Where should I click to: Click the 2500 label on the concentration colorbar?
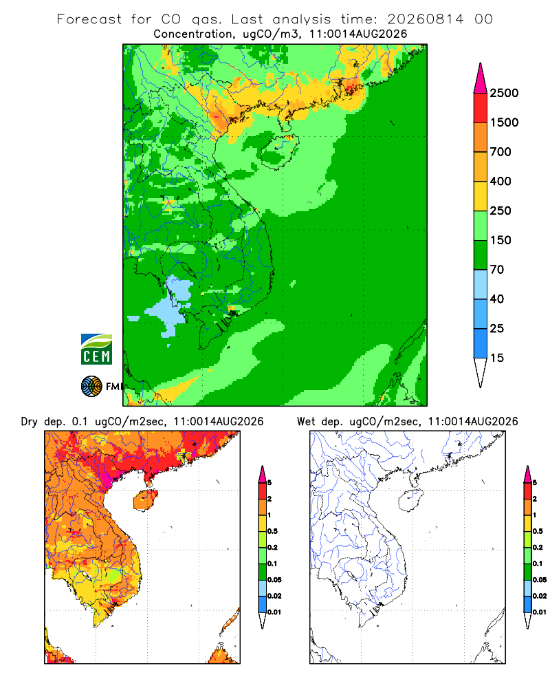click(x=504, y=93)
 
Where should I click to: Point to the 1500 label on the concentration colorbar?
click(x=504, y=122)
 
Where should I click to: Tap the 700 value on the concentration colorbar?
click(x=500, y=152)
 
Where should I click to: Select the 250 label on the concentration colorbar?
click(x=500, y=211)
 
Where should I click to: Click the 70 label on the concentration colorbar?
click(x=497, y=270)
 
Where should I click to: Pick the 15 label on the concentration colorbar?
click(x=497, y=358)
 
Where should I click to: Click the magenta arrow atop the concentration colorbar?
click(x=481, y=78)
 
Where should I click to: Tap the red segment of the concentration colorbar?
click(x=481, y=108)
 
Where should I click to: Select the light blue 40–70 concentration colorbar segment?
click(x=481, y=284)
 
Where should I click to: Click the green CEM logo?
click(x=96, y=350)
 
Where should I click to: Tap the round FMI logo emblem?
click(x=91, y=387)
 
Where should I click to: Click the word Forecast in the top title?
click(x=89, y=19)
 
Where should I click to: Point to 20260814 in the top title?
click(x=426, y=19)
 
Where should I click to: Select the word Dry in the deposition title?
click(x=30, y=422)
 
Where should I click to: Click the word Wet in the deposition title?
click(x=306, y=422)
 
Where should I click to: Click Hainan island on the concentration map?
click(x=279, y=152)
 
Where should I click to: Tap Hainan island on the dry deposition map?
click(x=146, y=501)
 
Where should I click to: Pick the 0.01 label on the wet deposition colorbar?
click(x=540, y=612)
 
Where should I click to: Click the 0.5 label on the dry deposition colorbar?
click(x=272, y=531)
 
